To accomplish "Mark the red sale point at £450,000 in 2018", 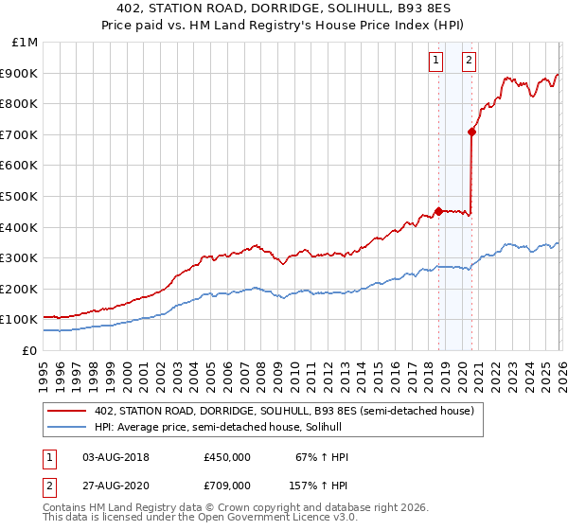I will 438,211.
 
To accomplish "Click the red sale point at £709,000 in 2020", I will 471,132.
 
